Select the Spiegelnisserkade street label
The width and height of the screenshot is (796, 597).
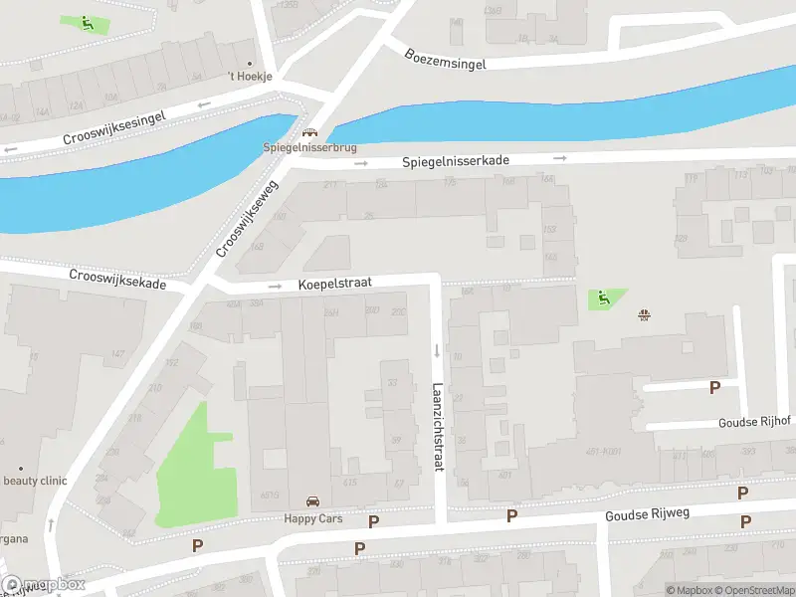click(456, 160)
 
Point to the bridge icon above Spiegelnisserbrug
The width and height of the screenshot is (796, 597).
click(309, 133)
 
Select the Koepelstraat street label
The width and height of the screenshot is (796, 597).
click(334, 284)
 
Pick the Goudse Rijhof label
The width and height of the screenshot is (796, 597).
click(754, 422)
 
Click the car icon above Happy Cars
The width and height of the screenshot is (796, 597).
click(312, 502)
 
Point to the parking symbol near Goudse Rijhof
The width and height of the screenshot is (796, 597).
click(713, 387)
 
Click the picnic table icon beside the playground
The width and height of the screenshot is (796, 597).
click(645, 315)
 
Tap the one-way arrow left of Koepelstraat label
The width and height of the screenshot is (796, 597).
click(276, 286)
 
